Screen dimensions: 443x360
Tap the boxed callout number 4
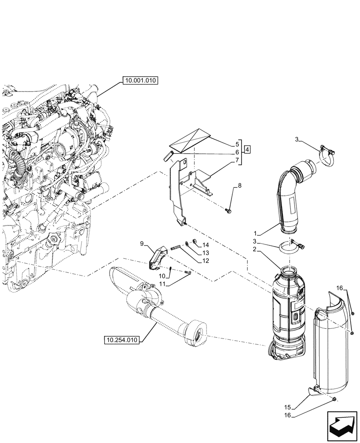[x=247, y=149]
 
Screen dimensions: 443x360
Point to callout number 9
[x=142, y=244]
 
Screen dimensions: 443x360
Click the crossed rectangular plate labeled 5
[x=190, y=140]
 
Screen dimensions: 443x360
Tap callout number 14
[x=206, y=245]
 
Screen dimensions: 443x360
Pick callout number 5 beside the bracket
[x=238, y=144]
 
